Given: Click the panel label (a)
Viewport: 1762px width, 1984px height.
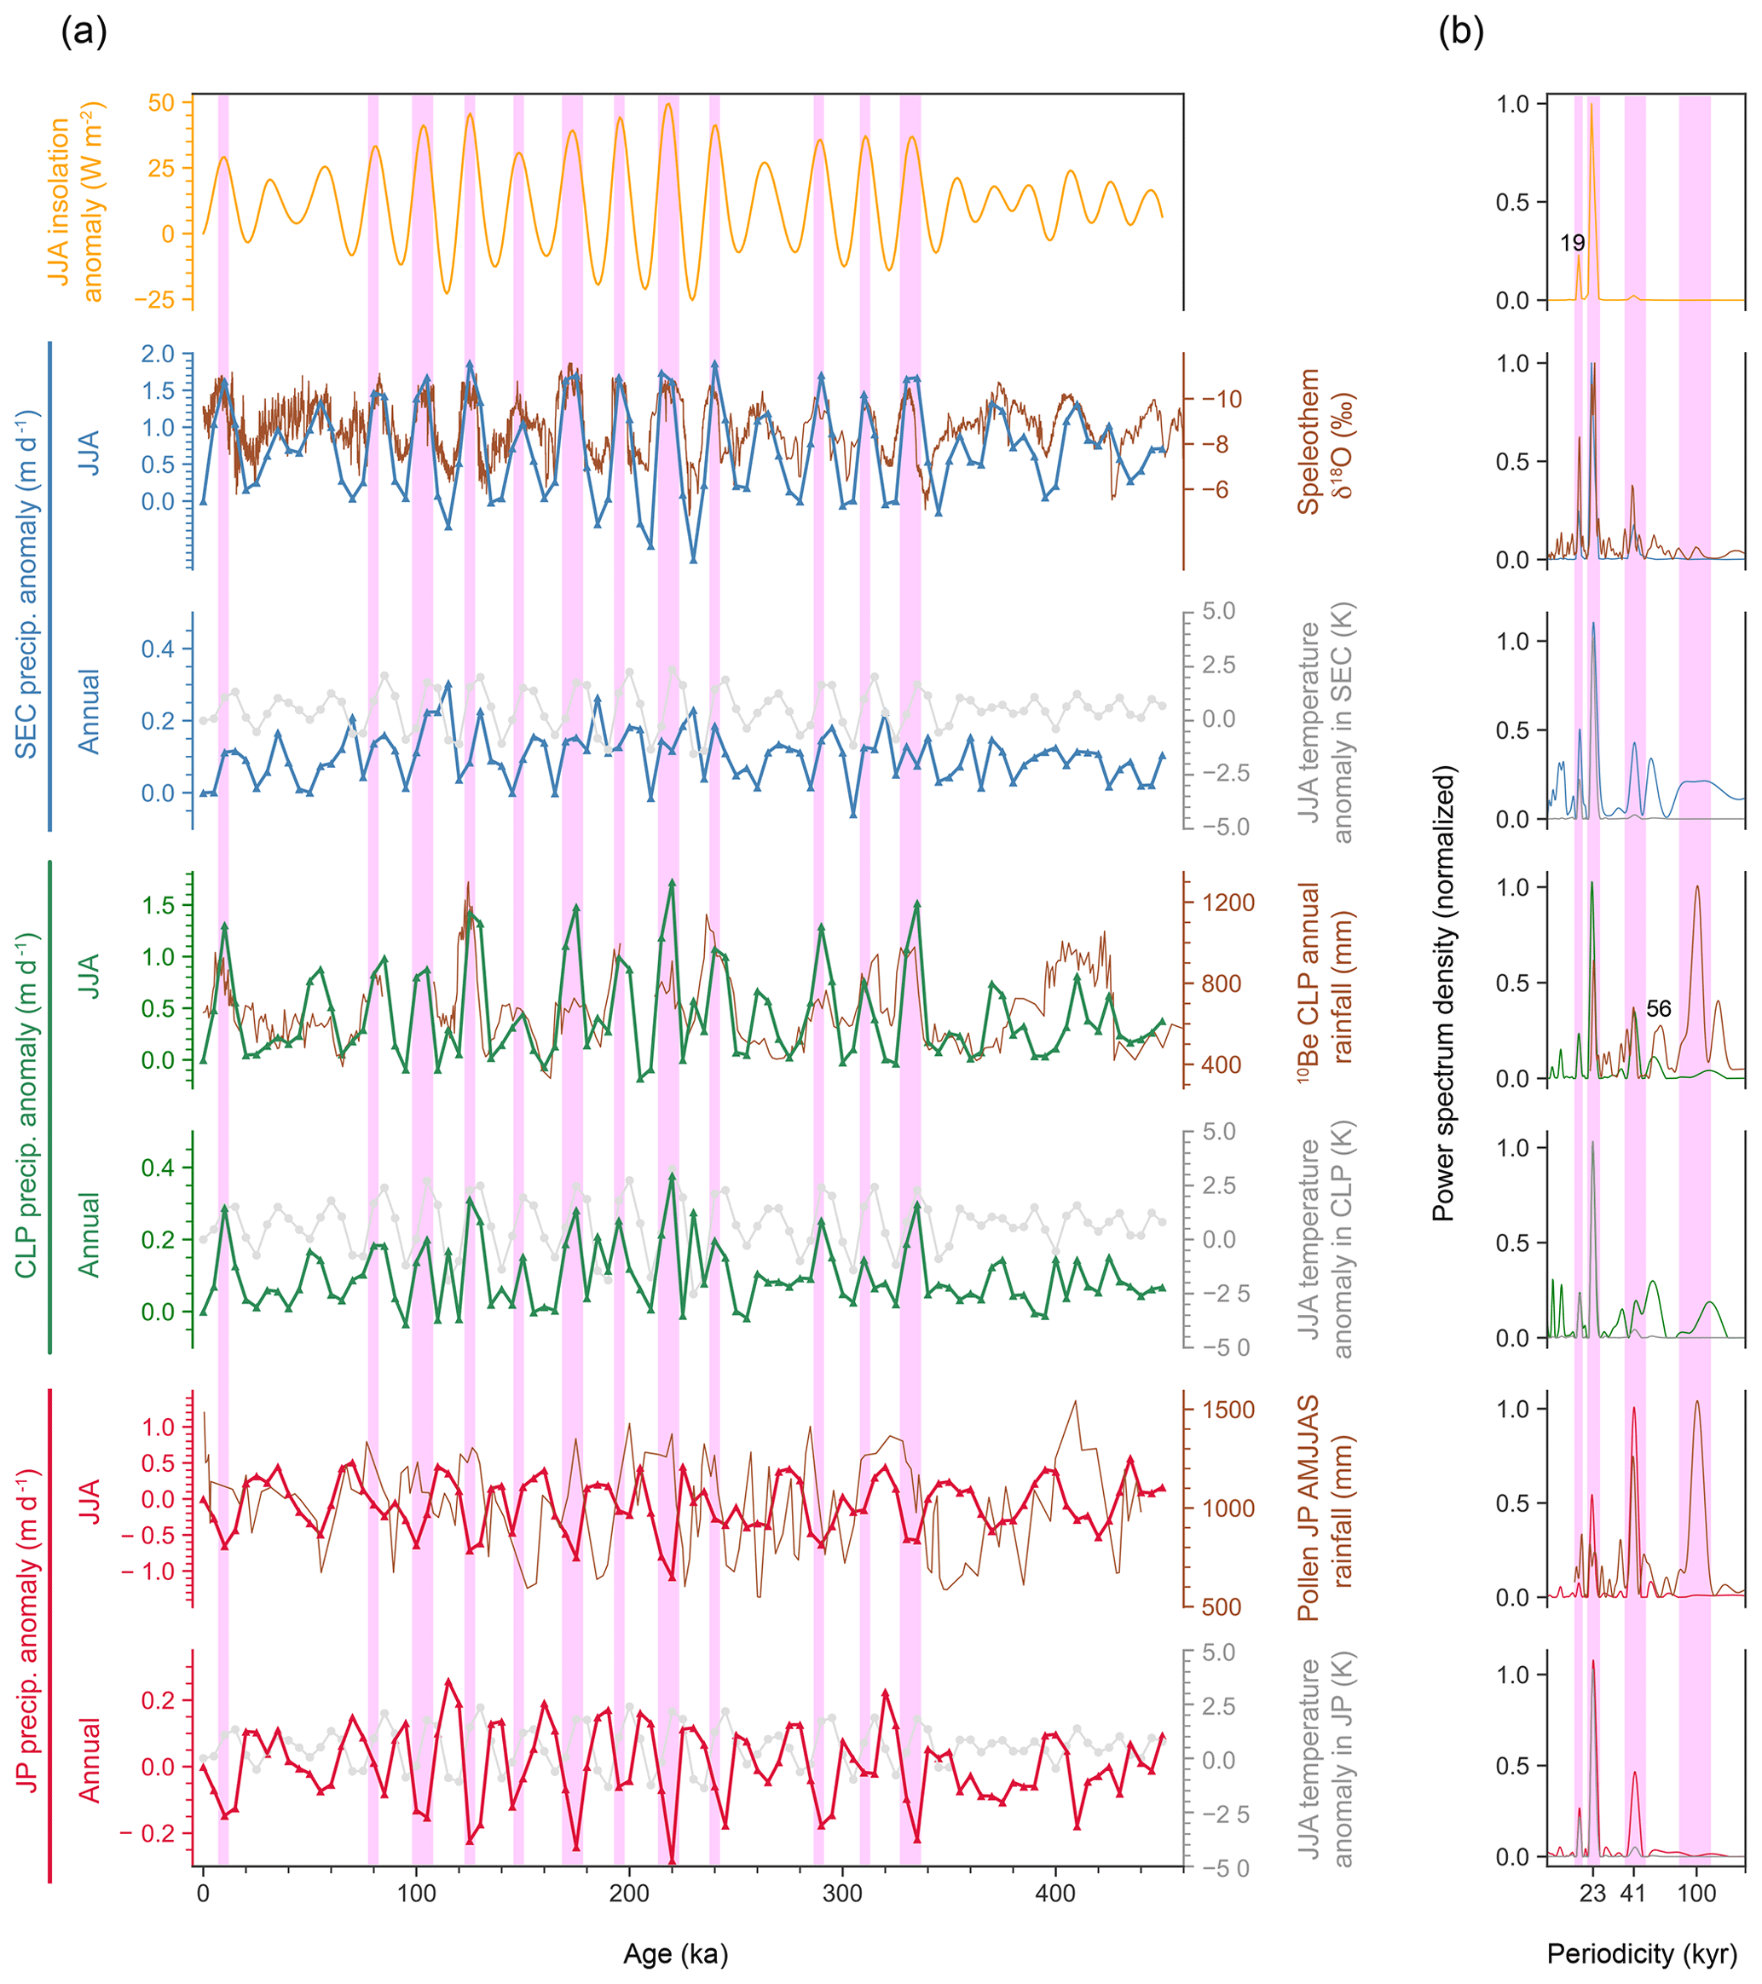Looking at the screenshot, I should pos(84,33).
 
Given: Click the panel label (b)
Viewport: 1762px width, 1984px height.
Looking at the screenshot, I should pos(1460,33).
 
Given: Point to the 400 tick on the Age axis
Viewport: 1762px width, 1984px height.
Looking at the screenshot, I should pos(1055,1893).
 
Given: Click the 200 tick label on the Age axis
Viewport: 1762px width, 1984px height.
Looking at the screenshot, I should pos(629,1893).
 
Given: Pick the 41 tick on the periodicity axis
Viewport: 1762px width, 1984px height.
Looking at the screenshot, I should pos(1634,1893).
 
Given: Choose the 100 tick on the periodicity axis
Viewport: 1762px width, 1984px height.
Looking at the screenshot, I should pos(1696,1893).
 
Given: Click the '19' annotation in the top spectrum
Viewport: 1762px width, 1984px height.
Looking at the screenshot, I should pos(1572,244).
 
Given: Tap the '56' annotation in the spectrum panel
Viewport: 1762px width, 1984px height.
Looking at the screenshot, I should pos(1658,1008).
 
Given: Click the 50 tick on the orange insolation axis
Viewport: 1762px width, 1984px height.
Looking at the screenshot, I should pos(162,103).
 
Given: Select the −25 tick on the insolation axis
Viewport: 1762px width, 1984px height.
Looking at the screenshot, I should pos(155,300).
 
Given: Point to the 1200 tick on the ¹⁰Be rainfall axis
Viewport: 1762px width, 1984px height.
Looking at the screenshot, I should pos(1229,903).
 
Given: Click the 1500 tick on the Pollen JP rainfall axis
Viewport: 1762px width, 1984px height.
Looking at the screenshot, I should pos(1229,1410).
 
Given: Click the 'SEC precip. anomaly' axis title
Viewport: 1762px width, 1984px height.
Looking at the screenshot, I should pos(26,585).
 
